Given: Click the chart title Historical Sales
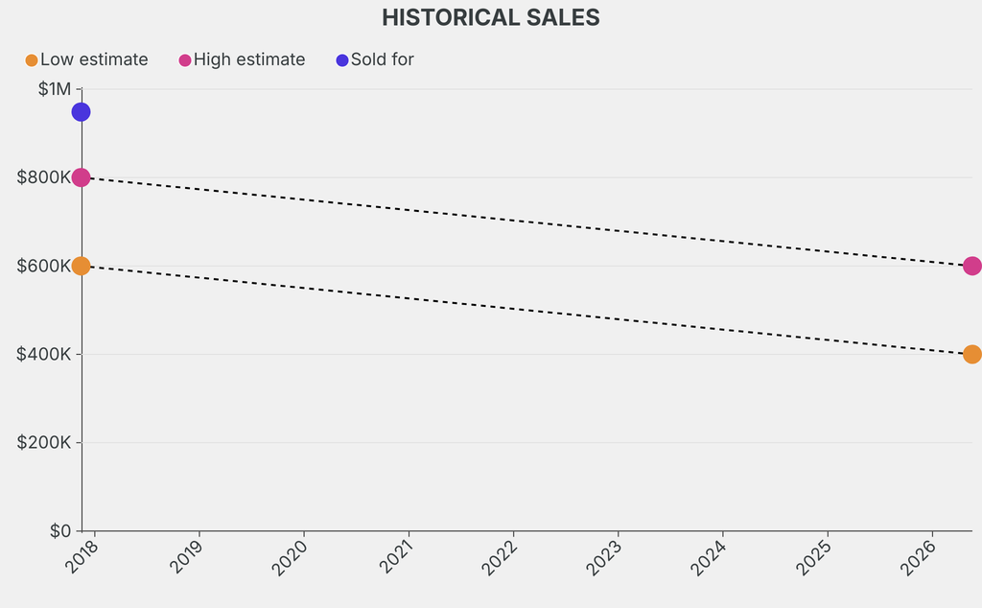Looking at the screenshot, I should coord(490,17).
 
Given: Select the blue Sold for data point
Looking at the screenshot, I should coord(81,112).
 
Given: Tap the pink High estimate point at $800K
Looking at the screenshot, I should coord(81,177).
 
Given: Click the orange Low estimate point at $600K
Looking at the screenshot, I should coord(81,266).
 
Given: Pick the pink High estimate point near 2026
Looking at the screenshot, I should coord(971,266).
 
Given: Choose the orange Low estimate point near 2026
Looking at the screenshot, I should coord(971,354).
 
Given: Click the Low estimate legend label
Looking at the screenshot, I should coord(94,59).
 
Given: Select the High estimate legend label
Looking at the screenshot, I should coord(249,59).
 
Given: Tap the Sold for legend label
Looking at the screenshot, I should coord(382,59).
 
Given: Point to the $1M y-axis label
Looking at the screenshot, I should coord(55,89).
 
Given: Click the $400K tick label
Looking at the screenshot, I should coord(44,354).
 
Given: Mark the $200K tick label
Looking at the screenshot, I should coord(44,442).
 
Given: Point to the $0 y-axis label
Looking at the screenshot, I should coord(59,530).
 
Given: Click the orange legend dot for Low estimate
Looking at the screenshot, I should coord(32,60).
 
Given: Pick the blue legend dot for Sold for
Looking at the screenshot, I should coord(342,60).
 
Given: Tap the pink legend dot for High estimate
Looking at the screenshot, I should coord(185,60).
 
